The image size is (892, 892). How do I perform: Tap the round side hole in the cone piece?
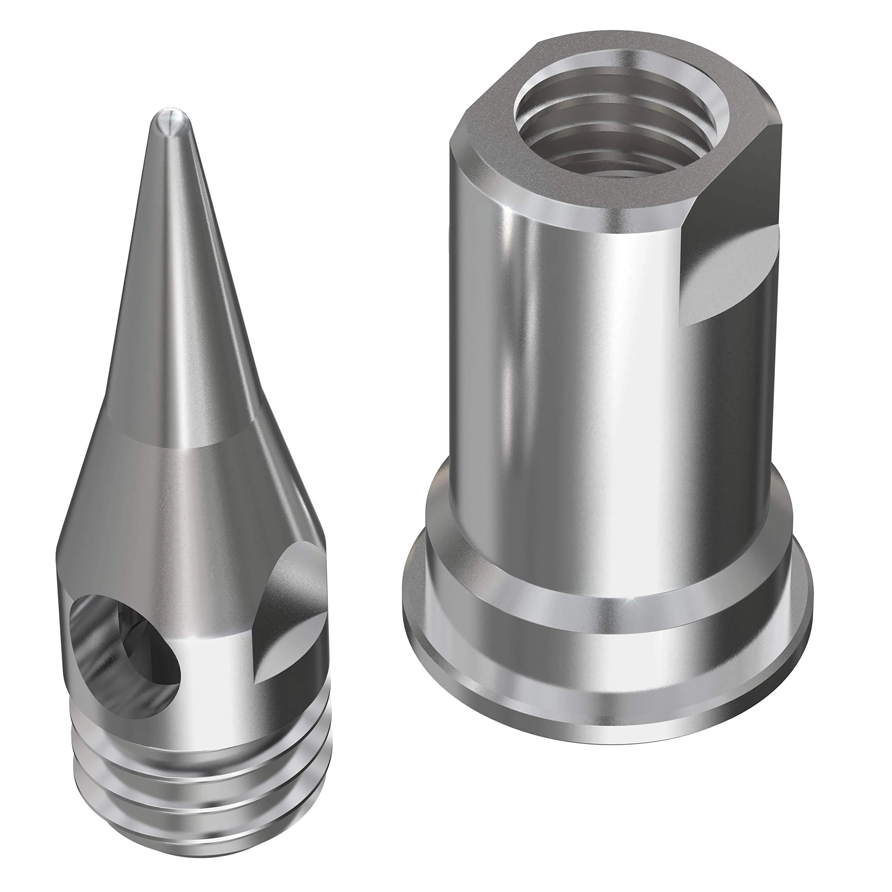pos(125,646)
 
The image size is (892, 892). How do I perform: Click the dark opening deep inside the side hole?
pos(152,646)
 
